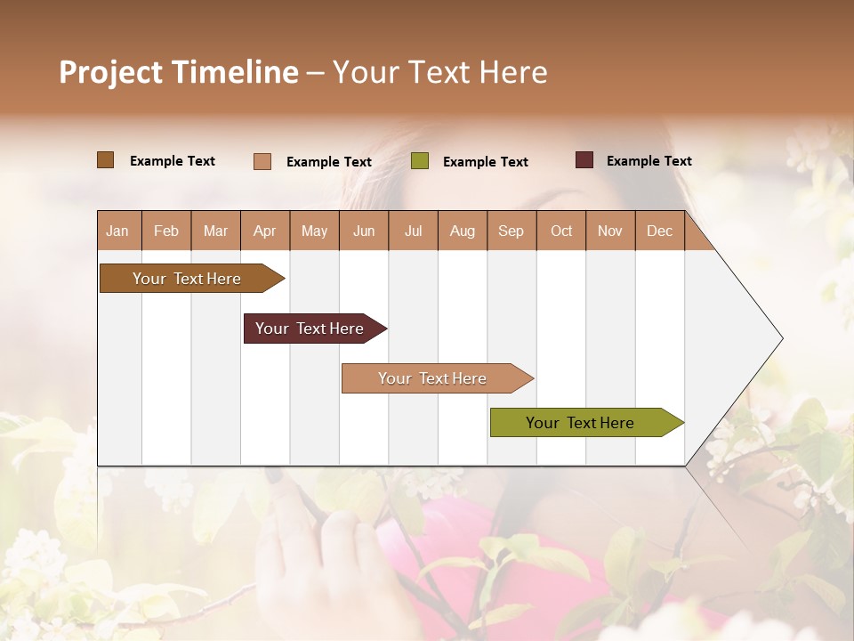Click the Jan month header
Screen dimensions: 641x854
(117, 231)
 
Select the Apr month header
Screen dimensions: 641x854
(265, 231)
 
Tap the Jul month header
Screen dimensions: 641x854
(413, 231)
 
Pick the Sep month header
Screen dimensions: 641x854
(511, 231)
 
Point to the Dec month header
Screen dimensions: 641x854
(659, 231)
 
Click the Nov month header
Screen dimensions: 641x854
(609, 231)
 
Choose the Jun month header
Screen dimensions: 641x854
(364, 231)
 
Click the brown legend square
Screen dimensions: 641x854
(105, 160)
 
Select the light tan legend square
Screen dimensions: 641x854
(262, 161)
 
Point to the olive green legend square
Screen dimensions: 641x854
(420, 161)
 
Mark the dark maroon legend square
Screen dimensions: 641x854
(584, 160)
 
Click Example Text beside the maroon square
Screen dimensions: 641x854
(649, 160)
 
